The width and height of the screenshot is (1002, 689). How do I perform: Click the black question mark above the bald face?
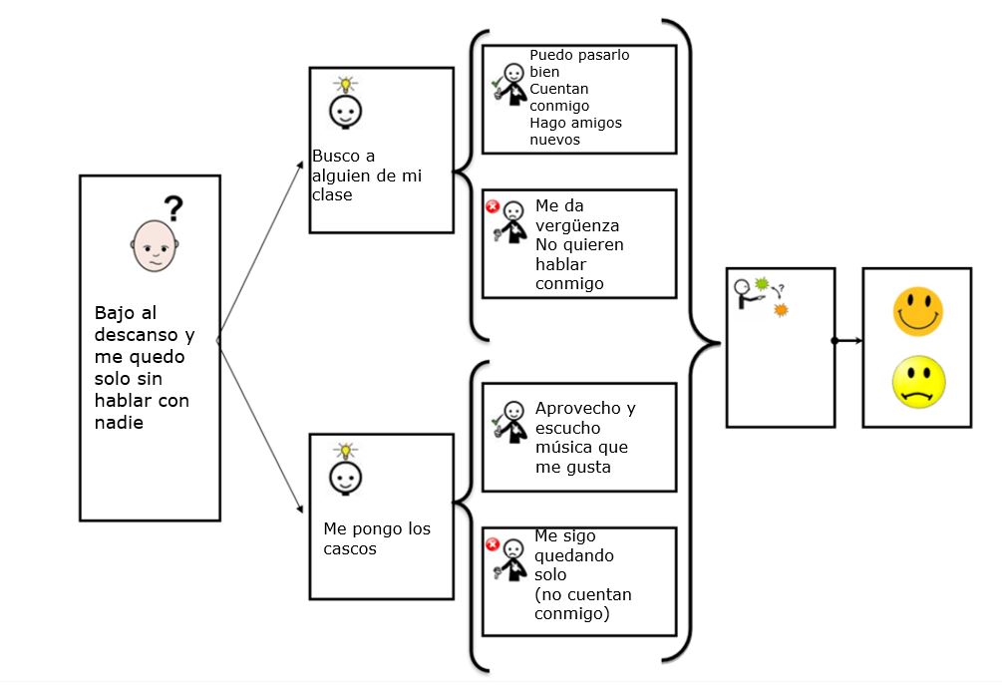click(x=173, y=208)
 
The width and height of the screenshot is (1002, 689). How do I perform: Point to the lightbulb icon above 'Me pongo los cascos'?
click(x=345, y=451)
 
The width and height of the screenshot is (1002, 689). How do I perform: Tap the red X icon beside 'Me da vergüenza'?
click(x=492, y=206)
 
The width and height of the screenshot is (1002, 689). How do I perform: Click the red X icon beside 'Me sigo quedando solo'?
click(x=492, y=544)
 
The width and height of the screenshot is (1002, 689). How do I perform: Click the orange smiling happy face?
click(x=917, y=311)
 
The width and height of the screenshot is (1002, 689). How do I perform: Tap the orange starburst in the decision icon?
click(x=780, y=311)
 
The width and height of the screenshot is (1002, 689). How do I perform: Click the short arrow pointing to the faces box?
click(x=848, y=341)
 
